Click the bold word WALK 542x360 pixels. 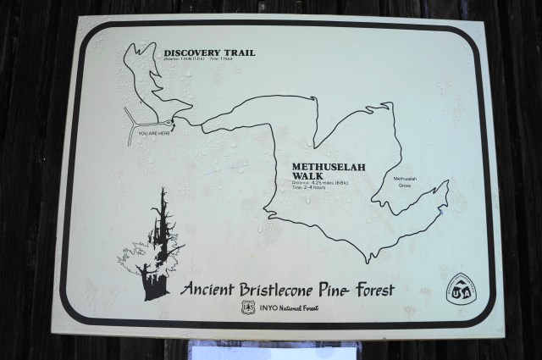(x=307, y=177)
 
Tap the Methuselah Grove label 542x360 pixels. (x=411, y=182)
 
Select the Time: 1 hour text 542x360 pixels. (x=241, y=58)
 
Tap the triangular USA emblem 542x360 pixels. (x=460, y=287)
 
